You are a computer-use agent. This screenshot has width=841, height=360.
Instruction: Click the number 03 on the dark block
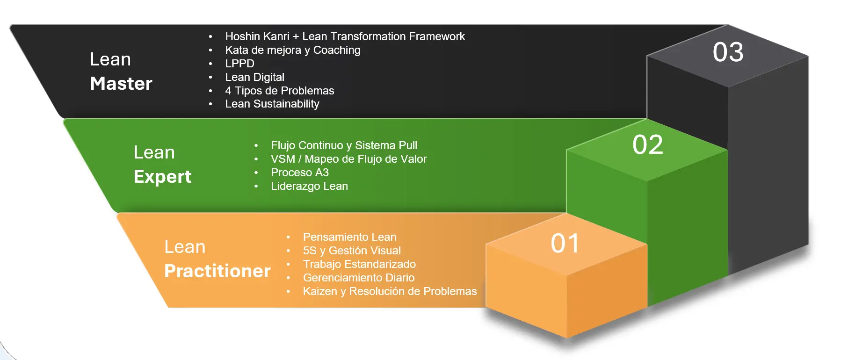click(x=728, y=52)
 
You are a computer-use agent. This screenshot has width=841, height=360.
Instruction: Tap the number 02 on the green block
click(x=647, y=144)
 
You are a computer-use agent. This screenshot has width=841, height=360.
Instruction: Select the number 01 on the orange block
click(x=565, y=243)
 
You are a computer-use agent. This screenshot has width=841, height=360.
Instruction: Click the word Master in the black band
click(x=121, y=84)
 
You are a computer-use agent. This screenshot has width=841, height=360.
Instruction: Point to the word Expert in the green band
click(x=162, y=177)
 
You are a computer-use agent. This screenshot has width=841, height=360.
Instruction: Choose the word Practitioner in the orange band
click(x=217, y=271)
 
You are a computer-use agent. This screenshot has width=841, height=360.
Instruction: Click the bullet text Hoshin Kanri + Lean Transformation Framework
click(x=345, y=36)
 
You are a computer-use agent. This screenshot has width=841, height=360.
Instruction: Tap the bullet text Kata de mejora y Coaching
click(x=292, y=50)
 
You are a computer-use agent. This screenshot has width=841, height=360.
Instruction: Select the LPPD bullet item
click(x=239, y=64)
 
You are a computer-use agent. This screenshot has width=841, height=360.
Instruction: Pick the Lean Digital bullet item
click(x=254, y=77)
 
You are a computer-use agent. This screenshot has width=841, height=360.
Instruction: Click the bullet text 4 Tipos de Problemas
click(x=279, y=91)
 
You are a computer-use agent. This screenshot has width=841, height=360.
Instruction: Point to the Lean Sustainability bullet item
click(x=272, y=104)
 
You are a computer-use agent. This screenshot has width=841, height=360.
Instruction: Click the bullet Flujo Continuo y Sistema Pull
click(x=344, y=145)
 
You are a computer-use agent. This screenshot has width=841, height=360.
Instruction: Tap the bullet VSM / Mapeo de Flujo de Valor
click(x=348, y=159)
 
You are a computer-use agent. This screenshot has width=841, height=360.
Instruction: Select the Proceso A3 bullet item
click(x=299, y=173)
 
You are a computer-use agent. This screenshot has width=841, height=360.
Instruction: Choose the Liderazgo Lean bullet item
click(x=309, y=186)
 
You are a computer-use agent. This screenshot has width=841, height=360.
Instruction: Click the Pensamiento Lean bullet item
click(x=349, y=237)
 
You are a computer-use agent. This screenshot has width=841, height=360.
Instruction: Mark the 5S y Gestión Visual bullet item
click(x=352, y=251)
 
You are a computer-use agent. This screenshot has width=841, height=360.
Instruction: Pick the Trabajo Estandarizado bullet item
click(x=359, y=264)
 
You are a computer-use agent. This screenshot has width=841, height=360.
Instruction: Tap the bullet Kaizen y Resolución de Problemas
click(x=390, y=291)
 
